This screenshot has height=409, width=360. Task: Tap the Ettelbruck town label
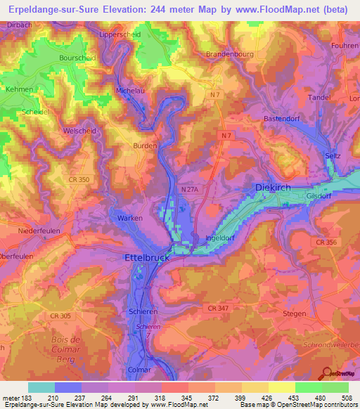point(149,258)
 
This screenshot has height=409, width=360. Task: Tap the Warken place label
point(129,219)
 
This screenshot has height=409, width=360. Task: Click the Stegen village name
point(294,313)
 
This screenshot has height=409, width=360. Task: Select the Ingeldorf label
point(218,238)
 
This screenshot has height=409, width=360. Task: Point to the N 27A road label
point(190,189)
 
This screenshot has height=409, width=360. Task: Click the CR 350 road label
point(58,180)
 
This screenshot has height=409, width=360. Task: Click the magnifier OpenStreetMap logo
point(325,374)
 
